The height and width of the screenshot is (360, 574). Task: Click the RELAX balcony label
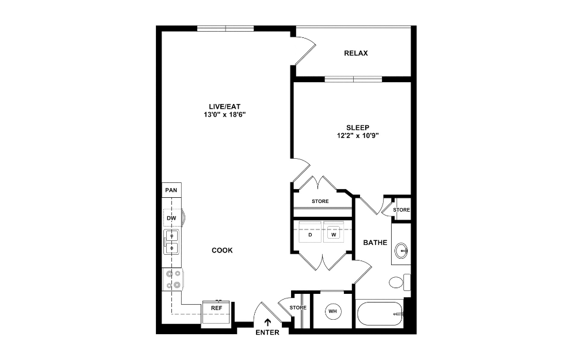(x=355, y=53)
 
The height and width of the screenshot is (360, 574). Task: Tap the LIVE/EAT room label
(x=224, y=106)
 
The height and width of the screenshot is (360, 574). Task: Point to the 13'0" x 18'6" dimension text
(x=224, y=114)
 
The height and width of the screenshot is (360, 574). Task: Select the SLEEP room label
(x=357, y=127)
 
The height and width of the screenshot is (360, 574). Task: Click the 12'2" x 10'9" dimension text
(x=357, y=136)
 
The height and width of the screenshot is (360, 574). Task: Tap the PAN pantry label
(x=171, y=190)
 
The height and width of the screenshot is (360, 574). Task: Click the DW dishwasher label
(x=171, y=219)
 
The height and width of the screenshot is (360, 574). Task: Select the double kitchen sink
(x=171, y=242)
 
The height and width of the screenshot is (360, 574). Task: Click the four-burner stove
(x=172, y=279)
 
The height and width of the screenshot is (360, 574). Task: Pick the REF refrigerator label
(x=216, y=308)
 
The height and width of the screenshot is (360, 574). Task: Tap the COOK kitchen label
(x=222, y=250)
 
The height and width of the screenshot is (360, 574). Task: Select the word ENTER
(x=268, y=332)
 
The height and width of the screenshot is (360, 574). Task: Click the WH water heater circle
(x=332, y=312)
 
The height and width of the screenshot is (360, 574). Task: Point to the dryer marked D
(x=310, y=235)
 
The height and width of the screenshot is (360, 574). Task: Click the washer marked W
(x=333, y=235)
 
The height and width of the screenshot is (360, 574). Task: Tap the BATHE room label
(x=374, y=243)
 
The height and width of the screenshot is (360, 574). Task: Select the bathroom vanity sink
(x=401, y=250)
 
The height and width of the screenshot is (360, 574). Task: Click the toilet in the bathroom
(x=398, y=282)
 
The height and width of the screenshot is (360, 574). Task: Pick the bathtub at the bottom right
(x=379, y=315)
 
